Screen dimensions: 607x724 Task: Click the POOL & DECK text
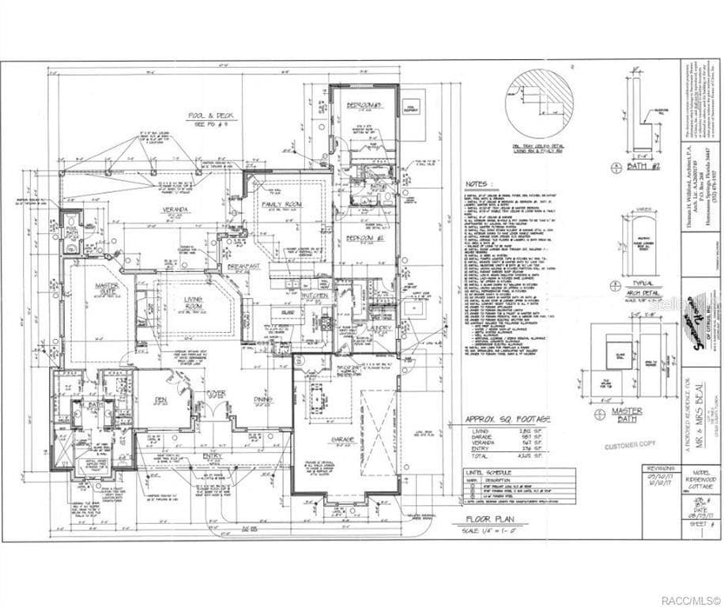pyautogui.click(x=207, y=116)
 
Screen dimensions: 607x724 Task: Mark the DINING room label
pyautogui.click(x=263, y=399)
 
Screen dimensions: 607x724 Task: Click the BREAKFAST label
pyautogui.click(x=243, y=267)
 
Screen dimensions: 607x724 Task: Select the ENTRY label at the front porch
pyautogui.click(x=211, y=456)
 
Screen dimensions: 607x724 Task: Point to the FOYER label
pyautogui.click(x=217, y=393)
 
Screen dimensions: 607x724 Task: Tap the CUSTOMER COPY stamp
pyautogui.click(x=630, y=446)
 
